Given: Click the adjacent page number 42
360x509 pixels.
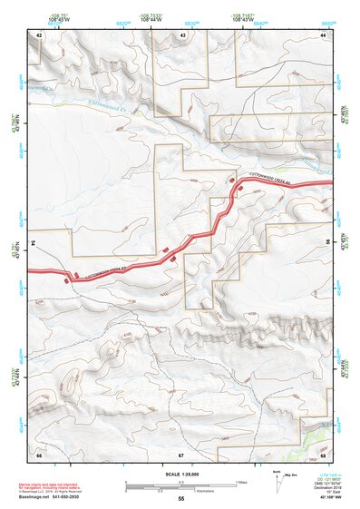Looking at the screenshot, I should click(x=39, y=34).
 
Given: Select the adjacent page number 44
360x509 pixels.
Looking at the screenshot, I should click(x=323, y=34).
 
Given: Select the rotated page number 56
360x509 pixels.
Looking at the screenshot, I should click(x=328, y=243).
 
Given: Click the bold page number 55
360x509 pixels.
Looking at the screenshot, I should click(x=181, y=498).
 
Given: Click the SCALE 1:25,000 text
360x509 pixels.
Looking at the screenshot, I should click(x=181, y=473).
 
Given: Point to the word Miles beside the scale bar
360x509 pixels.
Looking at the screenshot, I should click(x=239, y=481).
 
